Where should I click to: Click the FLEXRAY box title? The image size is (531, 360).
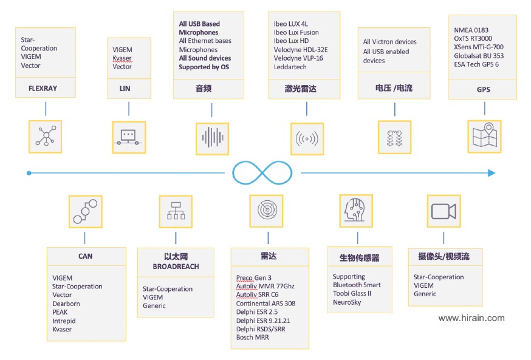[x=43, y=88]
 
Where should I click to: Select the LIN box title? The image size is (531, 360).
[x=125, y=89]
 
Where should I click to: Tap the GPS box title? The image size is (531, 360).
[x=483, y=90]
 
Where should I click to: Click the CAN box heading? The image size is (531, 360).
[x=85, y=256]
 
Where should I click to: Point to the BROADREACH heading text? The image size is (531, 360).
[x=176, y=267]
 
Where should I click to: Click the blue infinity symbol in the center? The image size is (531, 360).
[x=262, y=173]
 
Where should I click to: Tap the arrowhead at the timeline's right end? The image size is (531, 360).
[x=492, y=173]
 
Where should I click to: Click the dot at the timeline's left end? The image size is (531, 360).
[x=29, y=173]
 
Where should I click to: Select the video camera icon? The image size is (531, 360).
[x=444, y=211]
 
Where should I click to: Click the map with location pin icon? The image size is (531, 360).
[x=485, y=135]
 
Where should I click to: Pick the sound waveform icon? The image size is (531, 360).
[x=212, y=138]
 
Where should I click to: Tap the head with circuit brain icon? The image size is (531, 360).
[x=355, y=210]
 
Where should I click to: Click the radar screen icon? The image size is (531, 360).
[x=267, y=210]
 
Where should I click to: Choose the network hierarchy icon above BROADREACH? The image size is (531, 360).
[x=176, y=211]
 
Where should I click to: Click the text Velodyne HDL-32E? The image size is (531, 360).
[x=301, y=50]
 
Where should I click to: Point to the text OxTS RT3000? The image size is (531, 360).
[x=473, y=39]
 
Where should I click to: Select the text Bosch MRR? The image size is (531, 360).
[x=253, y=338]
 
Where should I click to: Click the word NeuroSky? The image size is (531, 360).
[x=347, y=302]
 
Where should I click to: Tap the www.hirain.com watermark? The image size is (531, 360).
[x=471, y=318]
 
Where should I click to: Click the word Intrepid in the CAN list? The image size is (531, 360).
[x=64, y=321]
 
